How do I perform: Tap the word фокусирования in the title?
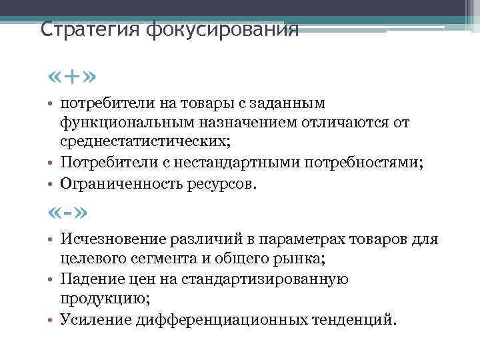[221, 30]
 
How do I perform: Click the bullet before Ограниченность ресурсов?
[51, 182]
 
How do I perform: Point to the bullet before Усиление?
[51, 319]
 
